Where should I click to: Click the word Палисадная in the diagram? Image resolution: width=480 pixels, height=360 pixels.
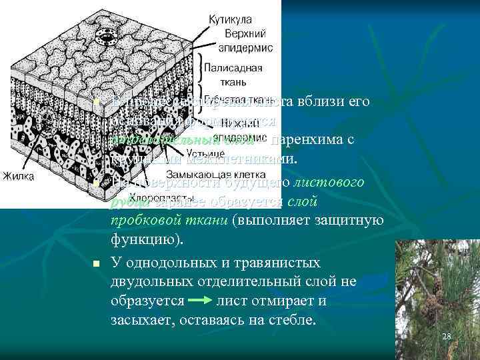233,68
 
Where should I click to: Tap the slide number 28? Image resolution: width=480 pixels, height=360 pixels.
446,336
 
